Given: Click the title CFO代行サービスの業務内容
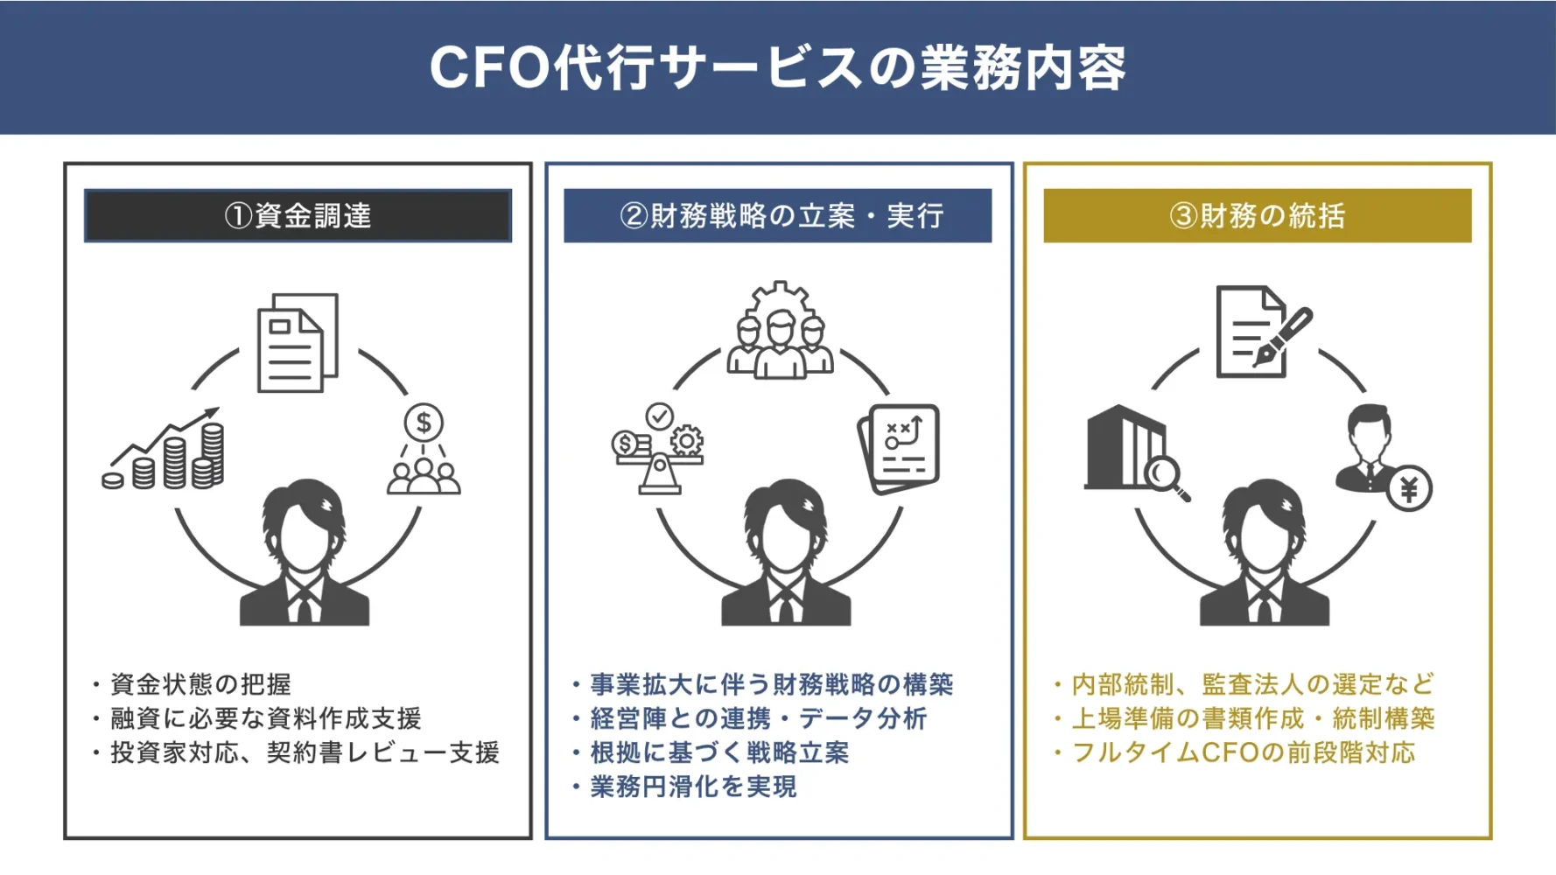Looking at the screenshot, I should (777, 67).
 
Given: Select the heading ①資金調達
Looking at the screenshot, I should (298, 215).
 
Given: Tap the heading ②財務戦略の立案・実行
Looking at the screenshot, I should (779, 215).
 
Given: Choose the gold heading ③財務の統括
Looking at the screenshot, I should (1257, 215).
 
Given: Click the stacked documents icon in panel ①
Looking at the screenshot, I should (298, 343).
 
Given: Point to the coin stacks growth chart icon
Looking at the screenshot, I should (166, 451).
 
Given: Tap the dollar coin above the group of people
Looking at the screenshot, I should (424, 423).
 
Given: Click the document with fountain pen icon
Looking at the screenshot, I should (1260, 332).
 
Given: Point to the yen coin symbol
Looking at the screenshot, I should (1408, 489).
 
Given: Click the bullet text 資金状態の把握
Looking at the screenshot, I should (200, 684).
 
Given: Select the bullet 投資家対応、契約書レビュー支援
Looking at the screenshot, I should (304, 752).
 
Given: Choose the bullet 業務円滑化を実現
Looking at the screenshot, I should (692, 787).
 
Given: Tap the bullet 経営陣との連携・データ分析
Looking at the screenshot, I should (758, 718).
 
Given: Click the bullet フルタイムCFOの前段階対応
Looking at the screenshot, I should (1243, 752).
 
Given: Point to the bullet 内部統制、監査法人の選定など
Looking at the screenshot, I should (1252, 684).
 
